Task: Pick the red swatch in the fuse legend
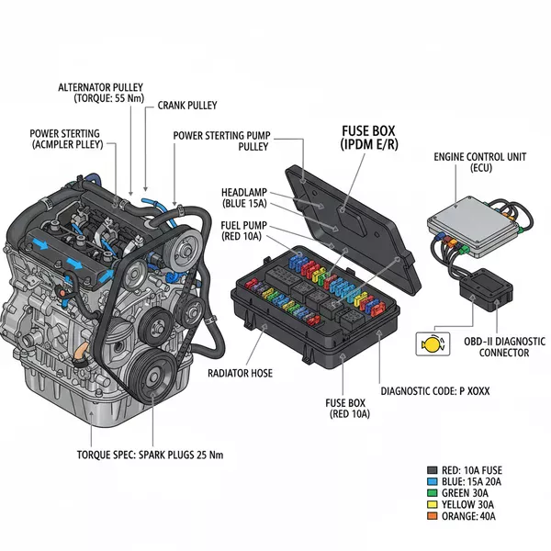(x=433, y=468)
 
